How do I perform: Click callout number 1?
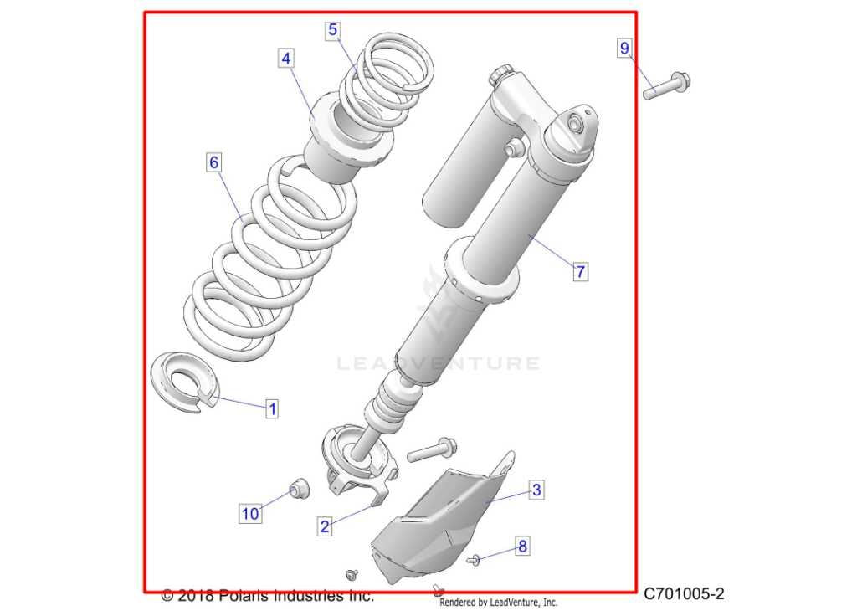271,408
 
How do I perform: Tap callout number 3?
536,490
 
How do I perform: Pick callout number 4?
286,59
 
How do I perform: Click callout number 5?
333,30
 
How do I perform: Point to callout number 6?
214,162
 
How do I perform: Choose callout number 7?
580,271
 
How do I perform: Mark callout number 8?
522,547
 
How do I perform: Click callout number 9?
624,48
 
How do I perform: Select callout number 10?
250,513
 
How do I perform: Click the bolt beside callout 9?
667,85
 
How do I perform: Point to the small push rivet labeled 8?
473,558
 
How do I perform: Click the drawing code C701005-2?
684,594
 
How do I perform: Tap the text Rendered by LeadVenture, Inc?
498,602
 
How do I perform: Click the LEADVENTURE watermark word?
438,364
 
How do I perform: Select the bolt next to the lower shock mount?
432,451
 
